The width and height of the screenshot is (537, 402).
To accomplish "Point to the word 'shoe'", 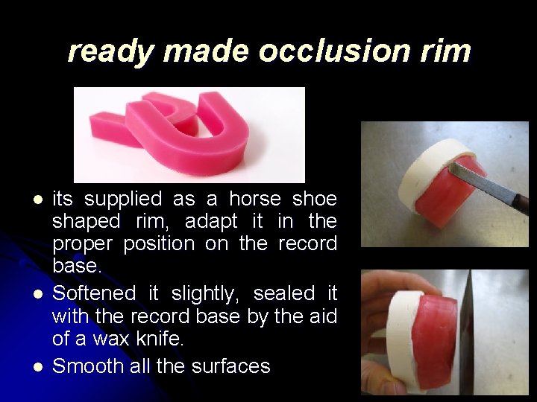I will point(314,199).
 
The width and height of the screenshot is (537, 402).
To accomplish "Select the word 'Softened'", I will point(95,293).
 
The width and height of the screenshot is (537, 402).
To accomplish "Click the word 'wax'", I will point(122,340).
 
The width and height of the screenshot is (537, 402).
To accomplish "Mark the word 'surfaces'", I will point(230,366).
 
